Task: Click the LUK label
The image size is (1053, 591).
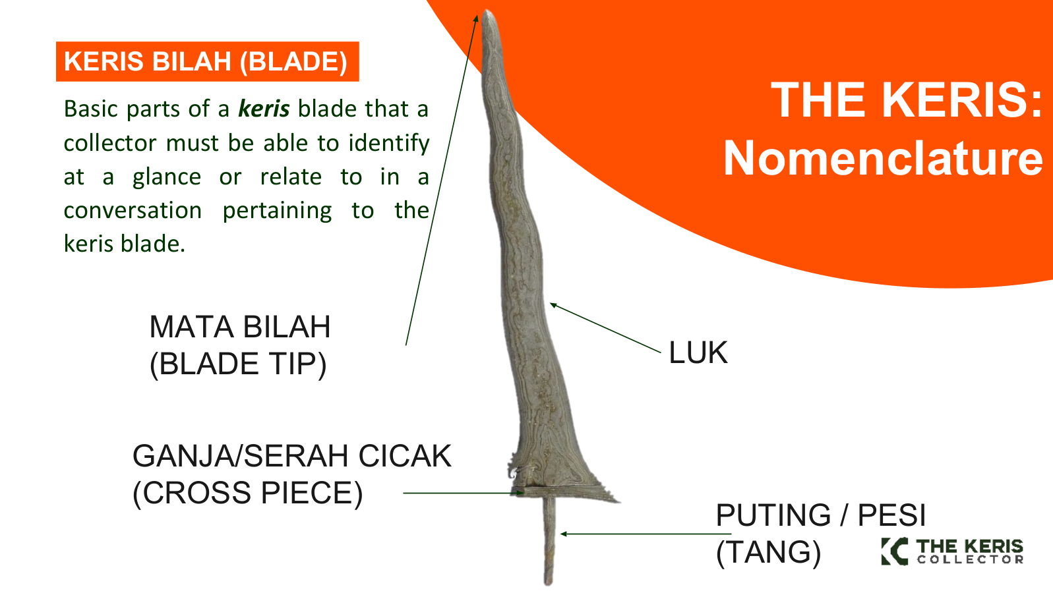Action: pyautogui.click(x=698, y=352)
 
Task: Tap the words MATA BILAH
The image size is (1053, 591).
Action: pyautogui.click(x=240, y=327)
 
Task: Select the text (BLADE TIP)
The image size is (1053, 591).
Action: pyautogui.click(x=238, y=364)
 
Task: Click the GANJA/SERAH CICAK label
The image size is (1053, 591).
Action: pyautogui.click(x=292, y=456)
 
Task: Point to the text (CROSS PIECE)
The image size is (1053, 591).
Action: pyautogui.click(x=248, y=493)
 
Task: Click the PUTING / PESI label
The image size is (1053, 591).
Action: pyautogui.click(x=821, y=515)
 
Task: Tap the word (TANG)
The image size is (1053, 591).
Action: pyautogui.click(x=768, y=553)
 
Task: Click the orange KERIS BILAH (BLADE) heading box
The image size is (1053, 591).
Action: pyautogui.click(x=207, y=61)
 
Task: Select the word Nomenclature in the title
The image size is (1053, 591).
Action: pyautogui.click(x=883, y=158)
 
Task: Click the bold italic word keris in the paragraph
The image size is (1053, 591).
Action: pyautogui.click(x=264, y=109)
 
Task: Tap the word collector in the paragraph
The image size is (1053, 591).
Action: pyautogui.click(x=109, y=143)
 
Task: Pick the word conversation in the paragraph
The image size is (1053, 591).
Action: pyautogui.click(x=133, y=210)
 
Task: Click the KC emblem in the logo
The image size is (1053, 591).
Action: pyautogui.click(x=895, y=551)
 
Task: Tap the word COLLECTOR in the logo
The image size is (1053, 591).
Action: pyautogui.click(x=971, y=559)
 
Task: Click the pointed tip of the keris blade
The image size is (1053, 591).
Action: pyautogui.click(x=488, y=11)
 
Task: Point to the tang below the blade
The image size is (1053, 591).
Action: pyautogui.click(x=549, y=541)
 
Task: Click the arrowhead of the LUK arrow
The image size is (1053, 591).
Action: pyautogui.click(x=553, y=305)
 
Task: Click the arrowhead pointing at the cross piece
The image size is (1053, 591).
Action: pyautogui.click(x=520, y=493)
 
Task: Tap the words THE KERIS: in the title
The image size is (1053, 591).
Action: pyautogui.click(x=906, y=100)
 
